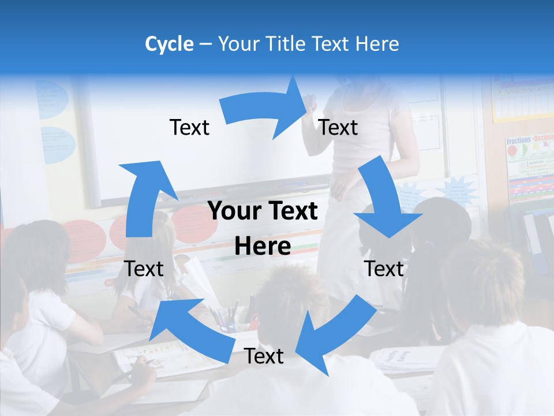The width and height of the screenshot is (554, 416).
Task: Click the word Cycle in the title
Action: tap(169, 44)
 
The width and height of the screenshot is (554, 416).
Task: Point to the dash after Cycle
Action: tap(205, 44)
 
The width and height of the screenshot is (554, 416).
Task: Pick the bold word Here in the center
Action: tap(263, 246)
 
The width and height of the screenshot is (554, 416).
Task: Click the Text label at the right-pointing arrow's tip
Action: tap(338, 127)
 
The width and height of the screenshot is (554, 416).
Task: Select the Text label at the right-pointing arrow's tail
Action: tap(189, 127)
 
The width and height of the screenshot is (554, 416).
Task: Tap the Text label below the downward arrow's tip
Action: tap(384, 269)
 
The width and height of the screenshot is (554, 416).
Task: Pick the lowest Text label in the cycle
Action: tap(264, 356)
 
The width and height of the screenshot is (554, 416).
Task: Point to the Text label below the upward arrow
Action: tap(144, 269)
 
